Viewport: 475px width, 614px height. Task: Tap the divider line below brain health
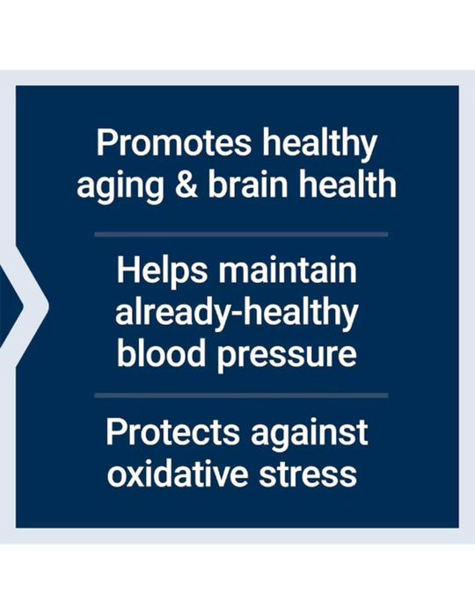point(240,234)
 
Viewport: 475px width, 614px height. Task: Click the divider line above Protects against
point(240,395)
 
